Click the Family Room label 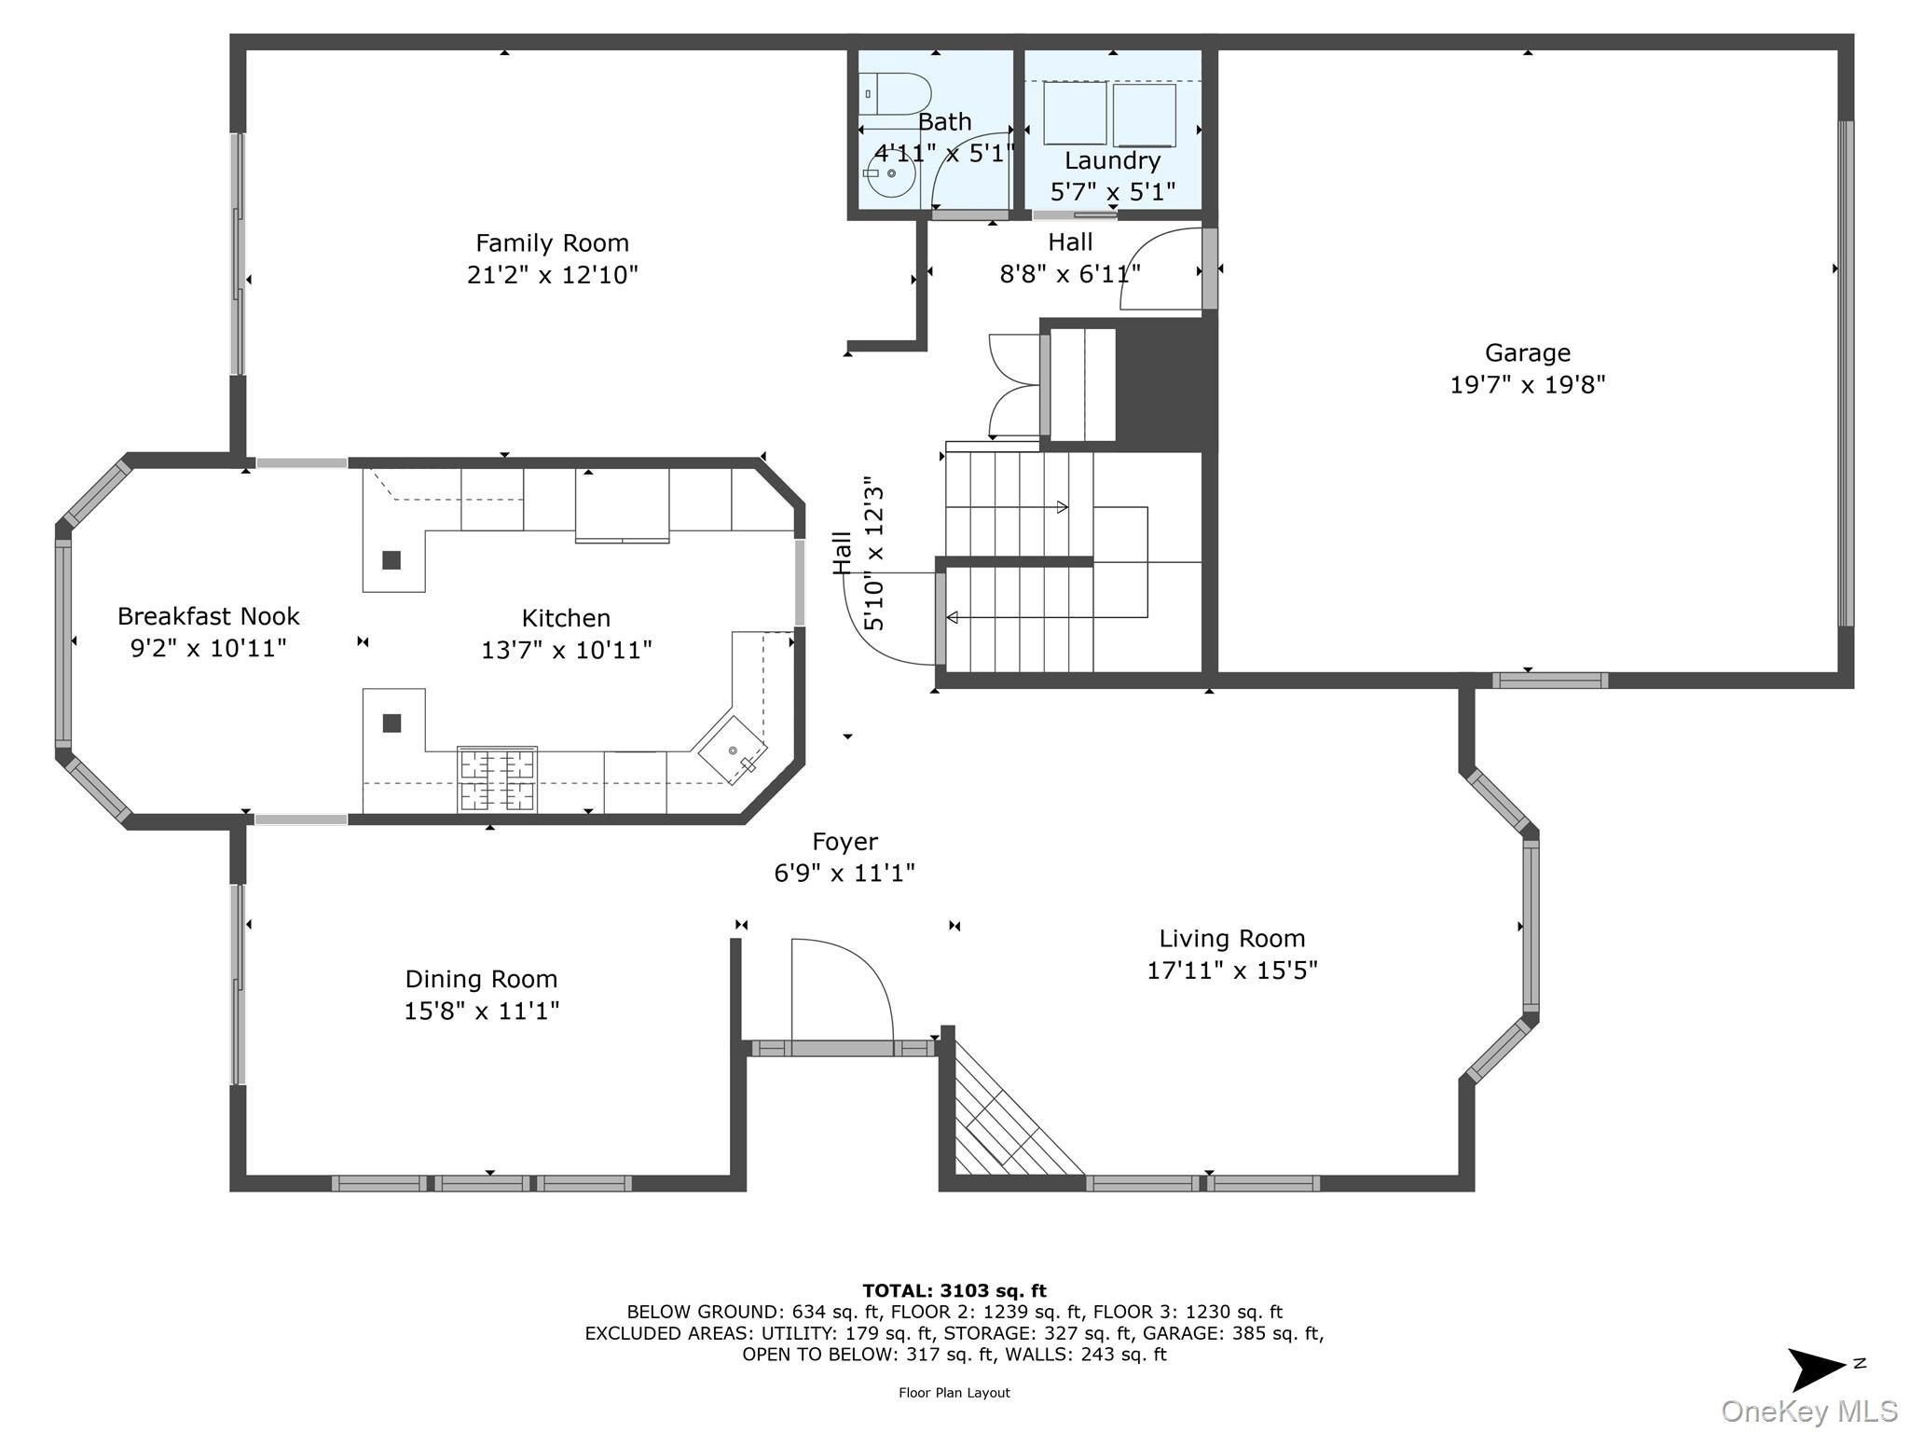[552, 243]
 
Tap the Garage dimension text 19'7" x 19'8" [1528, 384]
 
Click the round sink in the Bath [891, 173]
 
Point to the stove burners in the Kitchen [497, 779]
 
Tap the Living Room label [1231, 939]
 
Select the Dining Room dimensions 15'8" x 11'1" [481, 1011]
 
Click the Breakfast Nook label [208, 616]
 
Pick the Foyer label [845, 842]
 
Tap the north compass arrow [1818, 1369]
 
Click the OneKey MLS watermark [1808, 1411]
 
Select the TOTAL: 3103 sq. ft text [954, 1291]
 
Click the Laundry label [1112, 160]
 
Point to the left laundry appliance [1075, 114]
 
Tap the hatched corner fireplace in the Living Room [1011, 1114]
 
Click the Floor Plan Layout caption [954, 1393]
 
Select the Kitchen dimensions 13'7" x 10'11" [566, 650]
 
